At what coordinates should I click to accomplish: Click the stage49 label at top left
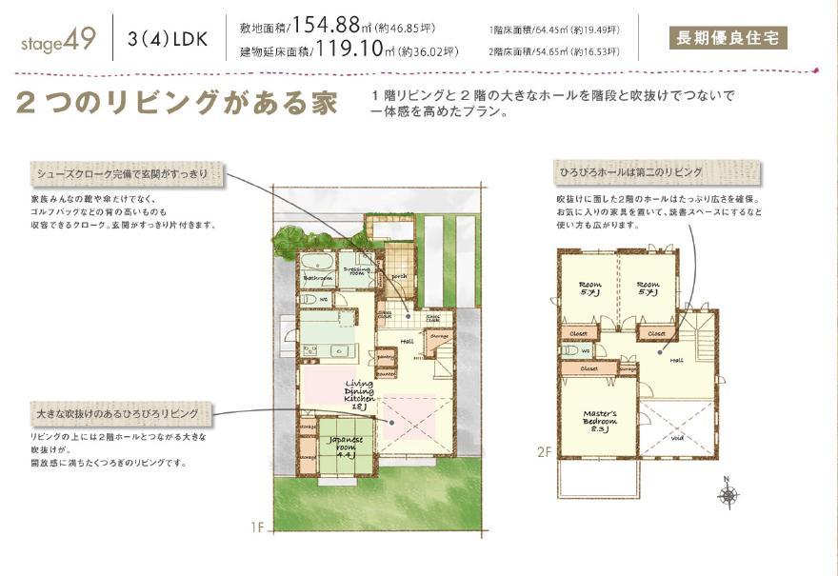coord(56,41)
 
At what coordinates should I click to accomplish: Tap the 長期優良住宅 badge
coord(728,39)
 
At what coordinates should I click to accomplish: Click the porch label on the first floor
coord(399,277)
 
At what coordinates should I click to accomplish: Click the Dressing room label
coord(357,270)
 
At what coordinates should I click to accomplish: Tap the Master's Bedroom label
coord(600,421)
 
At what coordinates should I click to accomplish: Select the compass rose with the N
coord(728,494)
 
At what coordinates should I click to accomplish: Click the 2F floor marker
coord(544,452)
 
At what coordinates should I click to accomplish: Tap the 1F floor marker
coord(256,526)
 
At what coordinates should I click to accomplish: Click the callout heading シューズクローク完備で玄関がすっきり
coord(129,174)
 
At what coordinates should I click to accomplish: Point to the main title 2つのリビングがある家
coord(176,103)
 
